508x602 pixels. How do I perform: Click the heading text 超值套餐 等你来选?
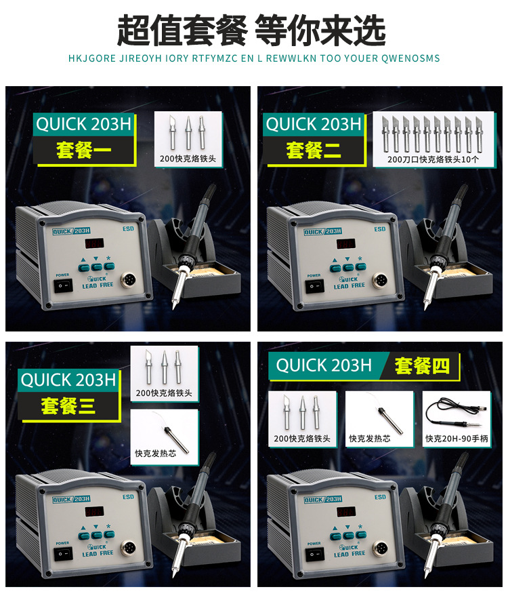251,30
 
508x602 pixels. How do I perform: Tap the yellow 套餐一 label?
76,150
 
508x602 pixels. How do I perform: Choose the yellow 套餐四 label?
422,366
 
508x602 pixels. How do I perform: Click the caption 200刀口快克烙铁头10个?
433,160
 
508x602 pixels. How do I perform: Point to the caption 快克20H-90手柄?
457,439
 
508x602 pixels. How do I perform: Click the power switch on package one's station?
64,286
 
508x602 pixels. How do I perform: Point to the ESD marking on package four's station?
380,497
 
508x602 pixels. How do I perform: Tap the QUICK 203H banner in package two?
313,125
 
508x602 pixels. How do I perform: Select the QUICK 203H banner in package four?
324,366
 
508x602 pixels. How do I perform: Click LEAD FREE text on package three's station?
99,553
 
